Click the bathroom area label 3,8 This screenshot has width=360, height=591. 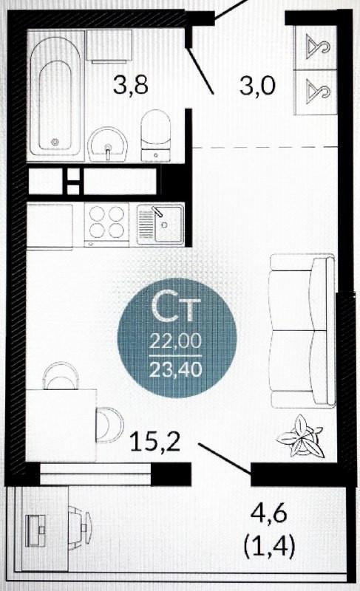click(x=130, y=85)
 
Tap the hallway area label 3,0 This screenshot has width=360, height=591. click(x=258, y=86)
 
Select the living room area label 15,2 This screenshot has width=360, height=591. click(x=155, y=442)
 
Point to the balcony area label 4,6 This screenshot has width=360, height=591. click(x=270, y=514)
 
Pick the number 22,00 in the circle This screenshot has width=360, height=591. click(x=176, y=341)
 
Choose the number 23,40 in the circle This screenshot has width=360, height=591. click(x=176, y=369)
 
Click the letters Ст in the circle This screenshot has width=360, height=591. click(x=175, y=309)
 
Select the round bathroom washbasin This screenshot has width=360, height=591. click(x=107, y=144)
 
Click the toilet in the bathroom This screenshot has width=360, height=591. click(x=156, y=136)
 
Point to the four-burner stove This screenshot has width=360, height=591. click(x=106, y=224)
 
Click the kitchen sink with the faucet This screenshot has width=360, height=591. click(x=160, y=224)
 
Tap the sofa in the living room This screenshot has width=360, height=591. click(x=303, y=330)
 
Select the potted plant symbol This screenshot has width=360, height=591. click(x=300, y=436)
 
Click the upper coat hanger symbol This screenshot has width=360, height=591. click(x=318, y=47)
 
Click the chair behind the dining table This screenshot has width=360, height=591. click(x=61, y=375)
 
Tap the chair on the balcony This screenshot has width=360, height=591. click(x=80, y=525)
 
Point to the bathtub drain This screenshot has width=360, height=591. click(x=55, y=142)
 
